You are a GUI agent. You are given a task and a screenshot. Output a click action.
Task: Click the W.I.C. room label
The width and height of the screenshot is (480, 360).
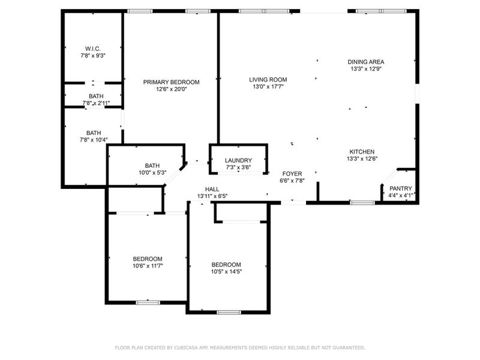click(93, 48)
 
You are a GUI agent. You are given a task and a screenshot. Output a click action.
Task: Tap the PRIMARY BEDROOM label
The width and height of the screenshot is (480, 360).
click(171, 82)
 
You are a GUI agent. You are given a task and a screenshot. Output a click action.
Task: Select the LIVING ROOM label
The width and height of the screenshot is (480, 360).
click(268, 79)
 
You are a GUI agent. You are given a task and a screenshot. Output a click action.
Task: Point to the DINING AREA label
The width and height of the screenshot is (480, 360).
click(366, 62)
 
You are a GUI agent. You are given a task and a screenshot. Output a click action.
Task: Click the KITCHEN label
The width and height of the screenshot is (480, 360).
click(362, 152)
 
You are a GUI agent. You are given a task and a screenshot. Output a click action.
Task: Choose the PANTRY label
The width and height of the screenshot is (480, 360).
click(401, 188)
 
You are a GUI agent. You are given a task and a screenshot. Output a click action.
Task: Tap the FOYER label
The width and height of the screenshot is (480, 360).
click(292, 173)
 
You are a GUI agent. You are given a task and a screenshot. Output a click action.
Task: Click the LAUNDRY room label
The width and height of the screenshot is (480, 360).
click(238, 160)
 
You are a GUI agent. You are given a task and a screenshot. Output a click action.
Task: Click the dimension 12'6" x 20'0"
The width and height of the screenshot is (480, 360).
click(171, 89)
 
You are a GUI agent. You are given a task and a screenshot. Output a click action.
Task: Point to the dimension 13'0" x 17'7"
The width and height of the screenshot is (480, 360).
click(268, 86)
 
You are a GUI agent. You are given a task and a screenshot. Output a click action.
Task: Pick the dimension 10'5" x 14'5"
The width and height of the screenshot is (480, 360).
click(226, 272)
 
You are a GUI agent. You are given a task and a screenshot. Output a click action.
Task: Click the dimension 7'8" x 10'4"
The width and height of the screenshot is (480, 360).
click(93, 140)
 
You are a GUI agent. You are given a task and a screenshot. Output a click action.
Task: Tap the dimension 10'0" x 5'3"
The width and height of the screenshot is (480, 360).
click(152, 173)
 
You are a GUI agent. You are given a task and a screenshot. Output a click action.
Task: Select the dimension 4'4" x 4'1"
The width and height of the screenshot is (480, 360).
click(401, 195)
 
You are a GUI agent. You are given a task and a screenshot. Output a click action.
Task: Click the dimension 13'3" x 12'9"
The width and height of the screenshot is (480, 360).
click(366, 69)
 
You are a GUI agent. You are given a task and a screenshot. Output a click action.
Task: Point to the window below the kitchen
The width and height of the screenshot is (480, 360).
click(362, 203)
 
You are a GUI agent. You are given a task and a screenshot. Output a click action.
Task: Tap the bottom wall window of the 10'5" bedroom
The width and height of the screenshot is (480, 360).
click(229, 312)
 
